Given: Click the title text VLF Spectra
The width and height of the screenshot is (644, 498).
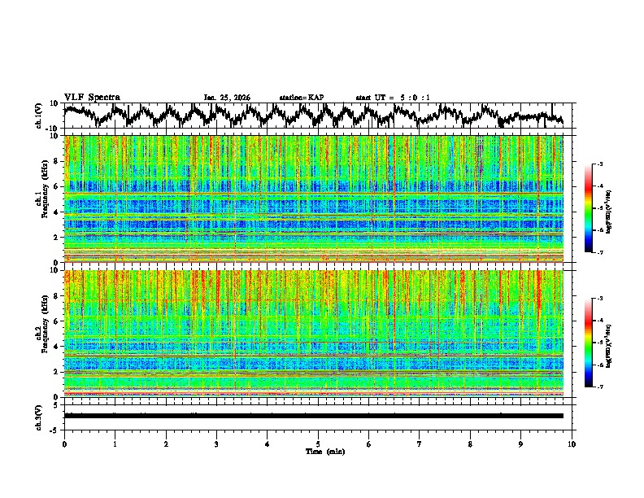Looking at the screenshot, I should coord(92,98).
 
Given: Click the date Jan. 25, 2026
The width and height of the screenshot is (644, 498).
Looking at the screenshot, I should coord(226,98).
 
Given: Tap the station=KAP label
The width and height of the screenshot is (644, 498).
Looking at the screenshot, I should coord(301,98).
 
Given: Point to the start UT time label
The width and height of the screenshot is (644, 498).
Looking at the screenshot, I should coord(393,98).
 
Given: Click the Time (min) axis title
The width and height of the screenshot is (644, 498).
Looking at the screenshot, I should coord(318,451).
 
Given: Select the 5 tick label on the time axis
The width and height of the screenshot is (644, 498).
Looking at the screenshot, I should coord(318,443).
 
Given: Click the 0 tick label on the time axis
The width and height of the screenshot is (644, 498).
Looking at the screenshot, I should coord(64,443).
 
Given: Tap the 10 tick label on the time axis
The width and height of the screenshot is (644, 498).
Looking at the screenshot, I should coord(572,443).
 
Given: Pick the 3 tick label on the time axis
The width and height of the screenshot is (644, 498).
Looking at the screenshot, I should coord(216,443).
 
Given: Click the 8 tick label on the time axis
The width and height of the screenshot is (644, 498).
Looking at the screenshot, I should coord(470,443).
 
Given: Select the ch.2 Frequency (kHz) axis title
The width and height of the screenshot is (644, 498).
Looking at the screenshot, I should coord(41,334).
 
